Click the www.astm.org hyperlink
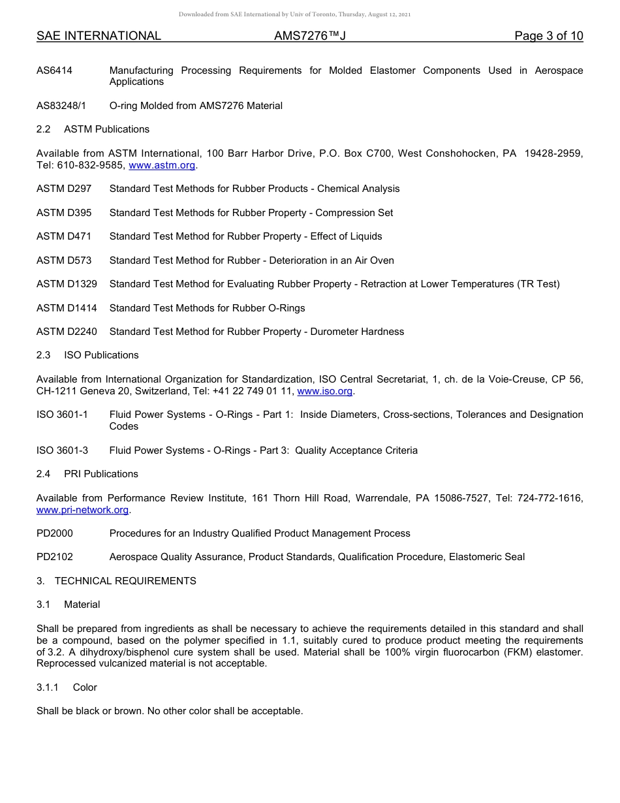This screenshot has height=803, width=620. pos(162,165)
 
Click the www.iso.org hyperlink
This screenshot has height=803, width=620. pos(324,391)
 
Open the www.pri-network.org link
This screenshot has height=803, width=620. pos(82,510)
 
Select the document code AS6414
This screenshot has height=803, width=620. pos(54,71)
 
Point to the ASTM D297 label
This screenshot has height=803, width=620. pos(64,189)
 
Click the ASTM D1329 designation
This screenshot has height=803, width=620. pos(67,284)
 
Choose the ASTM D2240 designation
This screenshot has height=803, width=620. pos(67,332)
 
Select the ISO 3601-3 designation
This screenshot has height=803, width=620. pos(62,450)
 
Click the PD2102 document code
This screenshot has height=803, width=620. pos(55,557)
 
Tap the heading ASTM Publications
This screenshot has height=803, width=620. pos(106,129)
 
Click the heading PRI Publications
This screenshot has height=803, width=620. pos(101,474)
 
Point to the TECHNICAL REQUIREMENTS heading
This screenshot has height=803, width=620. pos(125,581)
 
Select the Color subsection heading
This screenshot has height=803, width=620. pos(85,687)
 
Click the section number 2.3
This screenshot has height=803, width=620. pos(44,355)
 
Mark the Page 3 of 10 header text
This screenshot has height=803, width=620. pos(548,36)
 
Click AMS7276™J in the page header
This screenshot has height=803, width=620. pos(309,36)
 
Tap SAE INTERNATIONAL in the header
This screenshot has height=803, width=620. pos(99,36)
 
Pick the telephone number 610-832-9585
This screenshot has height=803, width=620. pos(87,165)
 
